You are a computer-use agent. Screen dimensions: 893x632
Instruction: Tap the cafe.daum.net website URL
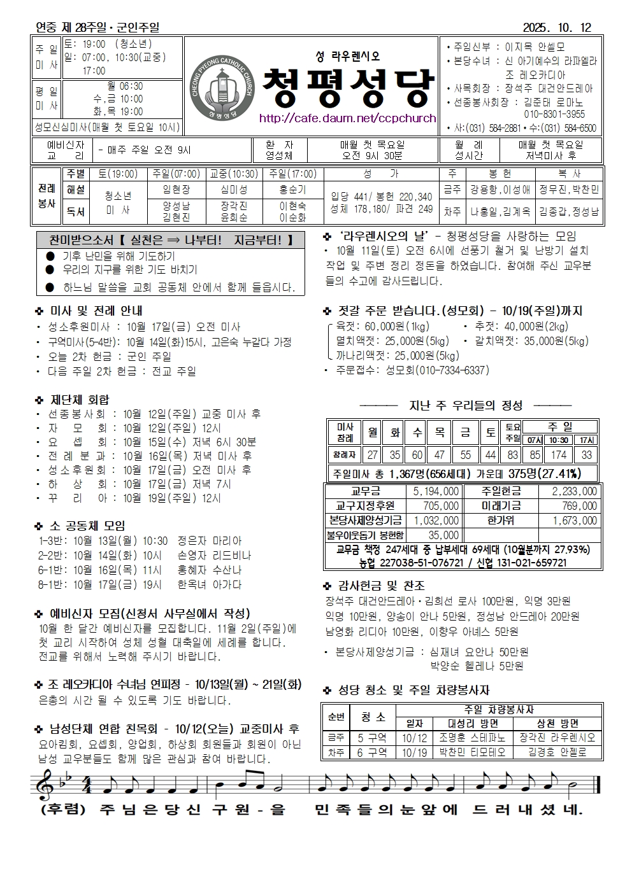coord(347,118)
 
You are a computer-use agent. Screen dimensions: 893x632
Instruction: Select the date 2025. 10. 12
coord(557,27)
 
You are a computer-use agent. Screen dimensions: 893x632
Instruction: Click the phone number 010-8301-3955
coord(554,115)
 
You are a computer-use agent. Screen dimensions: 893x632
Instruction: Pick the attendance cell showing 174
coord(559,454)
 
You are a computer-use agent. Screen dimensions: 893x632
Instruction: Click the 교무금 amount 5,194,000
coord(436,491)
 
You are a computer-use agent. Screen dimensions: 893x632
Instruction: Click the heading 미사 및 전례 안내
coord(96,311)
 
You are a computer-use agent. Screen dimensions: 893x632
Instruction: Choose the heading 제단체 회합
coord(80,400)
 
